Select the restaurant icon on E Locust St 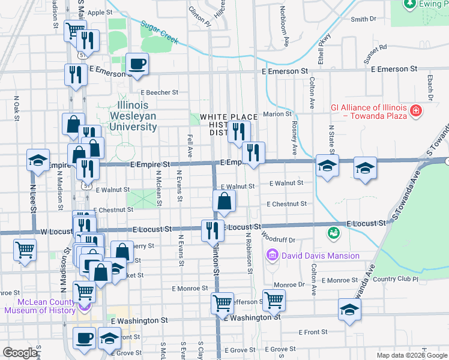211,231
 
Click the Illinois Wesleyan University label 133,116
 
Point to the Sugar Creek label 160,32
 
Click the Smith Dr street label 363,19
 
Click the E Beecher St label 159,92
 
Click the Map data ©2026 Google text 412,355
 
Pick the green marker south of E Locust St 333,232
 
